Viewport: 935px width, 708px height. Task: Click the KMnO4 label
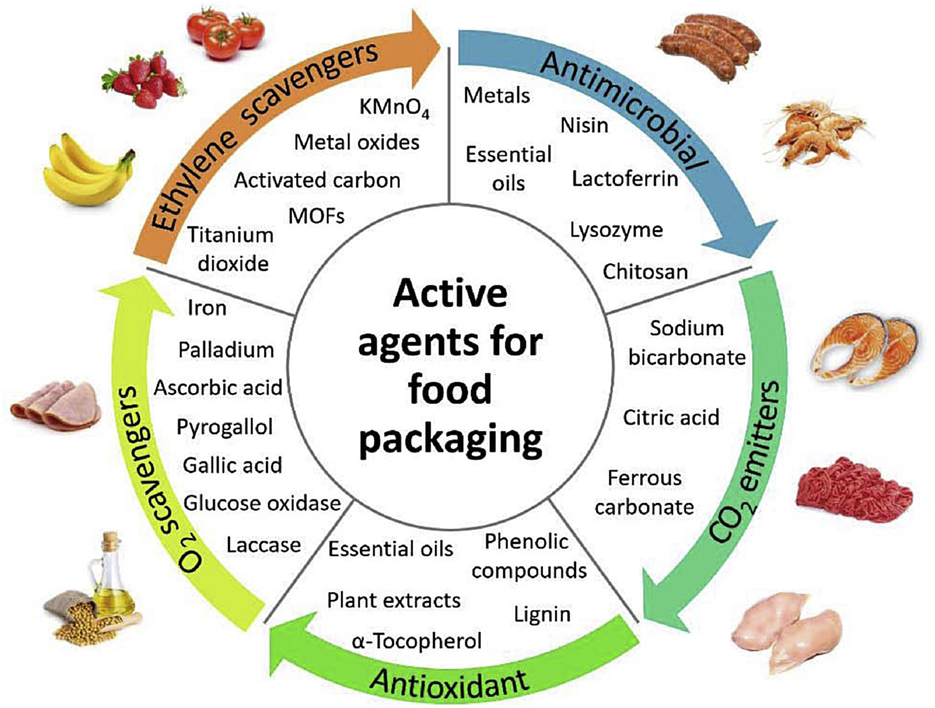(x=393, y=107)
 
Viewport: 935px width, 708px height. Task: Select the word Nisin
(x=584, y=126)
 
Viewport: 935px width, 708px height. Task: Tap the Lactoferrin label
(x=625, y=179)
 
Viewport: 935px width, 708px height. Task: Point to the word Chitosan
(x=645, y=272)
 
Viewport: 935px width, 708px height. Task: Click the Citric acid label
(x=670, y=418)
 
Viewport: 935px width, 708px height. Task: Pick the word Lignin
(x=542, y=615)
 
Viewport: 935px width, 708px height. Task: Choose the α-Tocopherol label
(x=417, y=642)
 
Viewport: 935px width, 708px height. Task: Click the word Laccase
(x=263, y=545)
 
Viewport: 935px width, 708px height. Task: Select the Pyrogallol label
(x=224, y=428)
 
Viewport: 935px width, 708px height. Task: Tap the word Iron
(x=206, y=308)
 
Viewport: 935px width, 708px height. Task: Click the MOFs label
(x=316, y=216)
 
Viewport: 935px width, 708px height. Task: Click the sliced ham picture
(x=57, y=405)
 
